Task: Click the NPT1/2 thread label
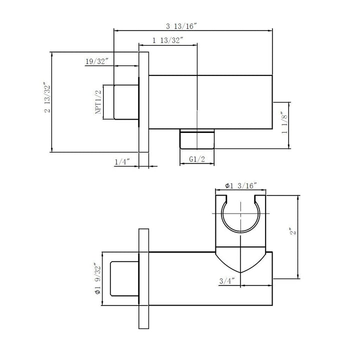(x=98, y=102)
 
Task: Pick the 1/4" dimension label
(x=122, y=161)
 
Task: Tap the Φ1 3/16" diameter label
(x=241, y=185)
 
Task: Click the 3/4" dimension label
(x=224, y=281)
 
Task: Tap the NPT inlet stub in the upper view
(x=125, y=102)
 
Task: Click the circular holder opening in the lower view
(x=241, y=217)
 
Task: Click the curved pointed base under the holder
(x=241, y=260)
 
